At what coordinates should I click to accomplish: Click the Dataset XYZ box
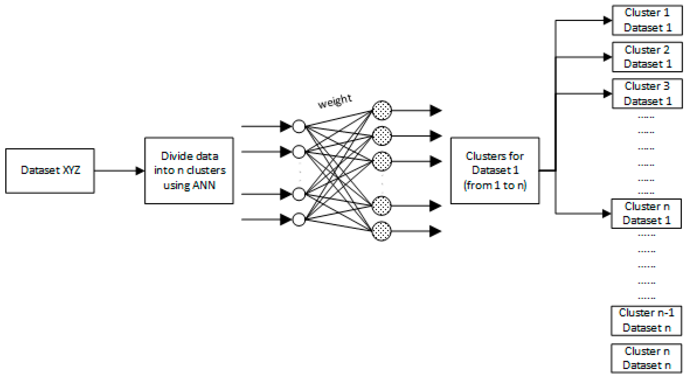tap(50, 171)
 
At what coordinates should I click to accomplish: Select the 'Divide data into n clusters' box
tap(189, 171)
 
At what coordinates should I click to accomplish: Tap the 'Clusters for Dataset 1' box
tap(495, 171)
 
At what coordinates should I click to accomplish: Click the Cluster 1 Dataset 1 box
tap(647, 20)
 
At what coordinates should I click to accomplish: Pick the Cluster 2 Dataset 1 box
tap(647, 57)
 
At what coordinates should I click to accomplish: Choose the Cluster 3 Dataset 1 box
tap(647, 94)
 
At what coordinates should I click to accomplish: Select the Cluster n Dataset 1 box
tap(646, 213)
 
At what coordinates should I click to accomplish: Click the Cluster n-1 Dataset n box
tap(646, 320)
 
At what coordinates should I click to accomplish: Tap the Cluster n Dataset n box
tap(646, 358)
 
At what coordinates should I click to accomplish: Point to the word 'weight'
tap(335, 101)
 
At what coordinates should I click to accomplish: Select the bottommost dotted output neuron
tap(382, 231)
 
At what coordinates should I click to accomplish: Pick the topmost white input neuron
tap(299, 126)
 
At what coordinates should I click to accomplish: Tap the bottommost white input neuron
tap(299, 220)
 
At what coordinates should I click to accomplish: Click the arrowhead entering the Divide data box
tap(140, 171)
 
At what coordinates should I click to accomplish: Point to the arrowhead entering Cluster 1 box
tap(607, 20)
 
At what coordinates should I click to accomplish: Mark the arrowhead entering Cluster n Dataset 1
tap(606, 213)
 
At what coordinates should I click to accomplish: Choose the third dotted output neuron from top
tap(382, 161)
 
